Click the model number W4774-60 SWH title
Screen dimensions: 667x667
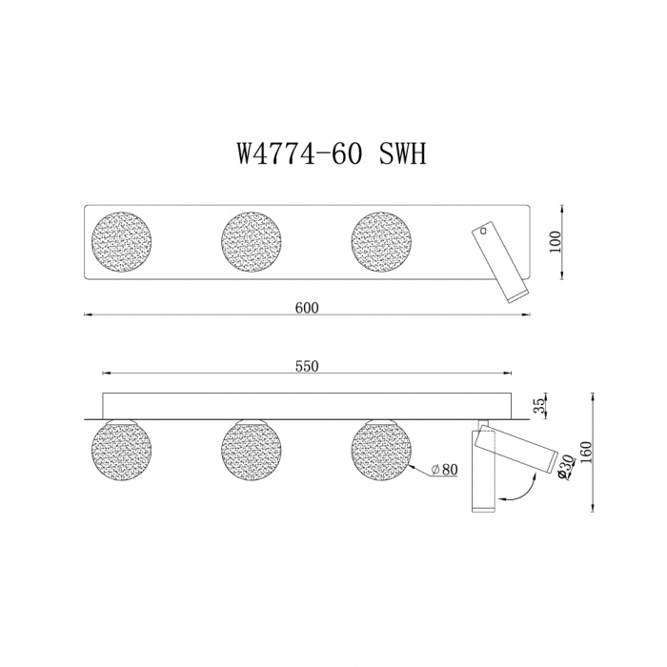[x=333, y=154]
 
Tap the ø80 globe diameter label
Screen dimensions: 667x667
[x=446, y=469]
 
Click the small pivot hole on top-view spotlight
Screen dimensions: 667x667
[x=484, y=230]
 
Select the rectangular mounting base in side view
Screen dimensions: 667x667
[x=307, y=404]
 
